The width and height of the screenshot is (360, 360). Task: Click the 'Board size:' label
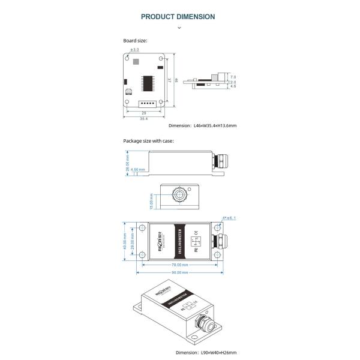click(x=135, y=41)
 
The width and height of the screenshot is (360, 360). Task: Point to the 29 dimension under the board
click(x=144, y=113)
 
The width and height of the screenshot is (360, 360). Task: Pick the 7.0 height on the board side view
click(x=233, y=77)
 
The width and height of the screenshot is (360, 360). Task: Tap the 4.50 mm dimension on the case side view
click(x=138, y=170)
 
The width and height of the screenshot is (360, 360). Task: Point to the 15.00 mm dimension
click(x=152, y=199)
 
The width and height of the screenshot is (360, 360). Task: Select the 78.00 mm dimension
click(x=181, y=264)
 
